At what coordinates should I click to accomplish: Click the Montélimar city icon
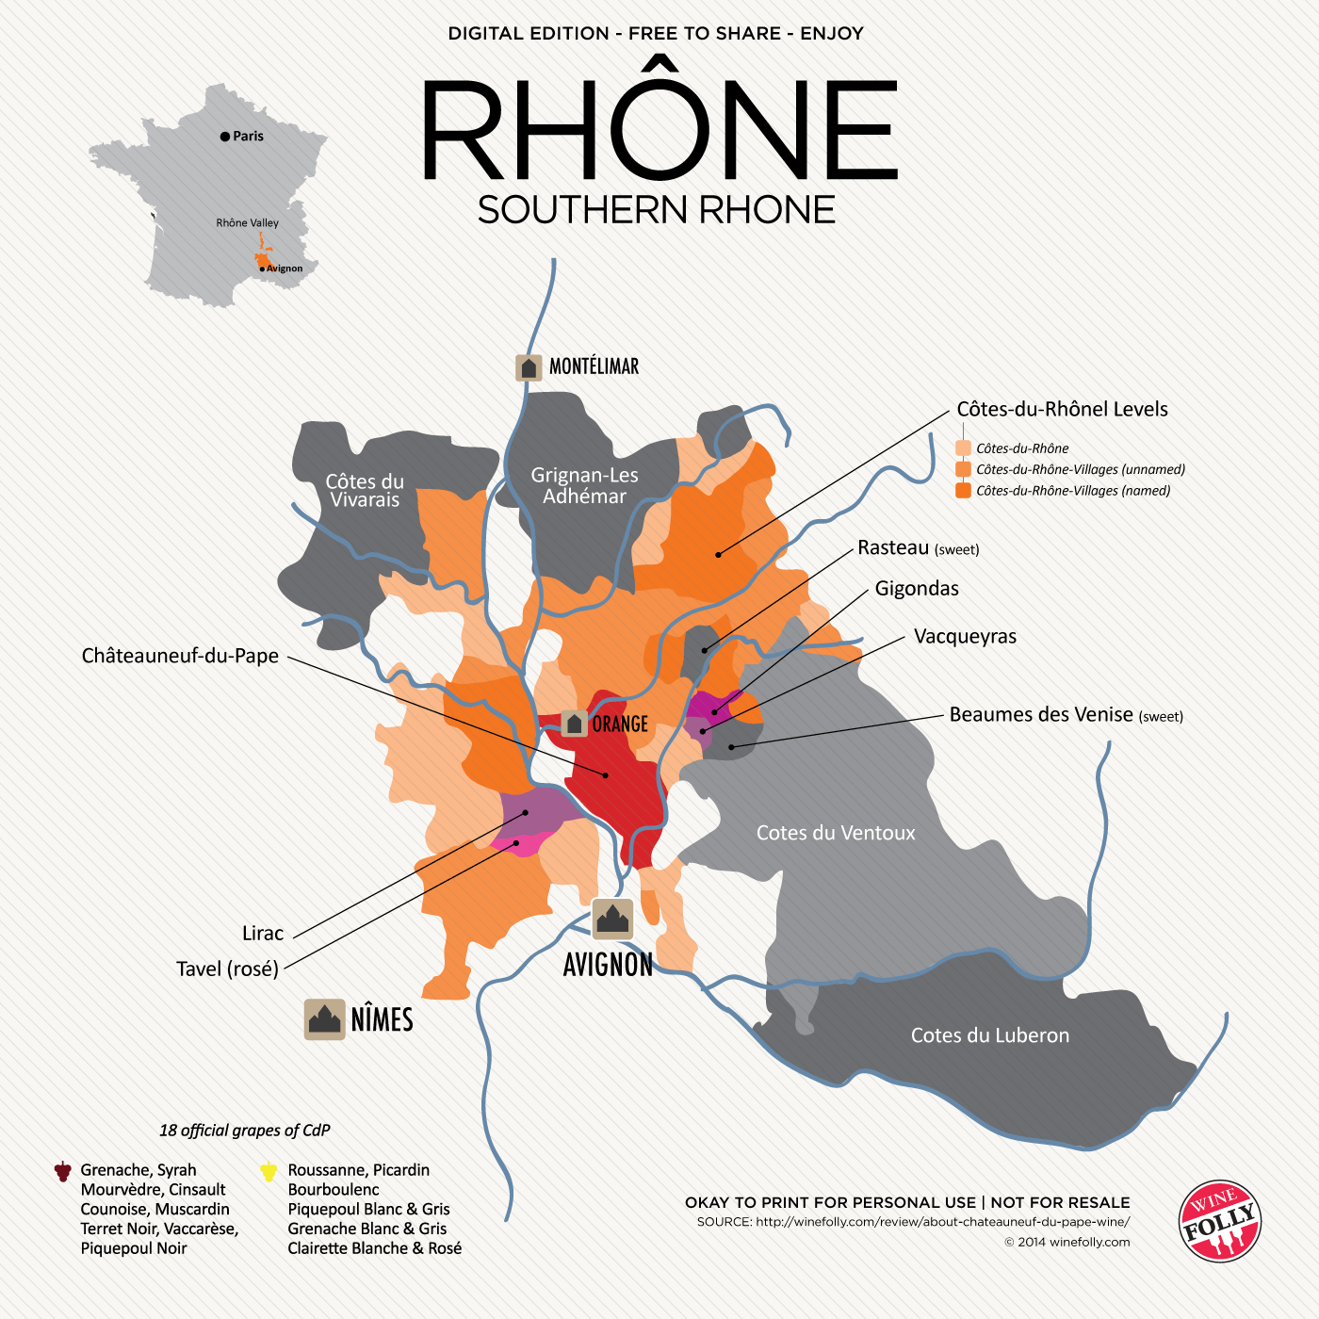coord(529,367)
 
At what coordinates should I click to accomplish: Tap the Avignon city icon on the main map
coord(612,919)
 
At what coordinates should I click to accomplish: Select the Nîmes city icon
coord(325,1019)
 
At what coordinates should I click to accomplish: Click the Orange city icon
coord(575,724)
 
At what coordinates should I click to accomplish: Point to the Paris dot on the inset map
coord(225,137)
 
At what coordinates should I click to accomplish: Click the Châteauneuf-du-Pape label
coord(180,656)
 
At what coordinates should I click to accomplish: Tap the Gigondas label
coord(917,589)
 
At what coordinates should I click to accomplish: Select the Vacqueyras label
coord(965,636)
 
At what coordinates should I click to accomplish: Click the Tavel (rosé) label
coord(227,969)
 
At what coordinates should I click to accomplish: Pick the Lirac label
coord(263,933)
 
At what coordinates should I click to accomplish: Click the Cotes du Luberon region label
coord(989,1035)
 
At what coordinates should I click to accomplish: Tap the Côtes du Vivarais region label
coord(365,490)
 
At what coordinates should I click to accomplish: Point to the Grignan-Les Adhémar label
coord(584,485)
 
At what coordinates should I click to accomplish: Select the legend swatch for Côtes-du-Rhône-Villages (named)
coord(963,490)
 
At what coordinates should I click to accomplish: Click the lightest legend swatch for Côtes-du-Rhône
coord(963,448)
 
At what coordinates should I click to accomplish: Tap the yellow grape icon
coord(269,1171)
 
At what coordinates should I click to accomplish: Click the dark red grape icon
coord(62,1171)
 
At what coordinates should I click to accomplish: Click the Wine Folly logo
coord(1220,1221)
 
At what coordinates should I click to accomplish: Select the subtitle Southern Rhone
coord(657,209)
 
